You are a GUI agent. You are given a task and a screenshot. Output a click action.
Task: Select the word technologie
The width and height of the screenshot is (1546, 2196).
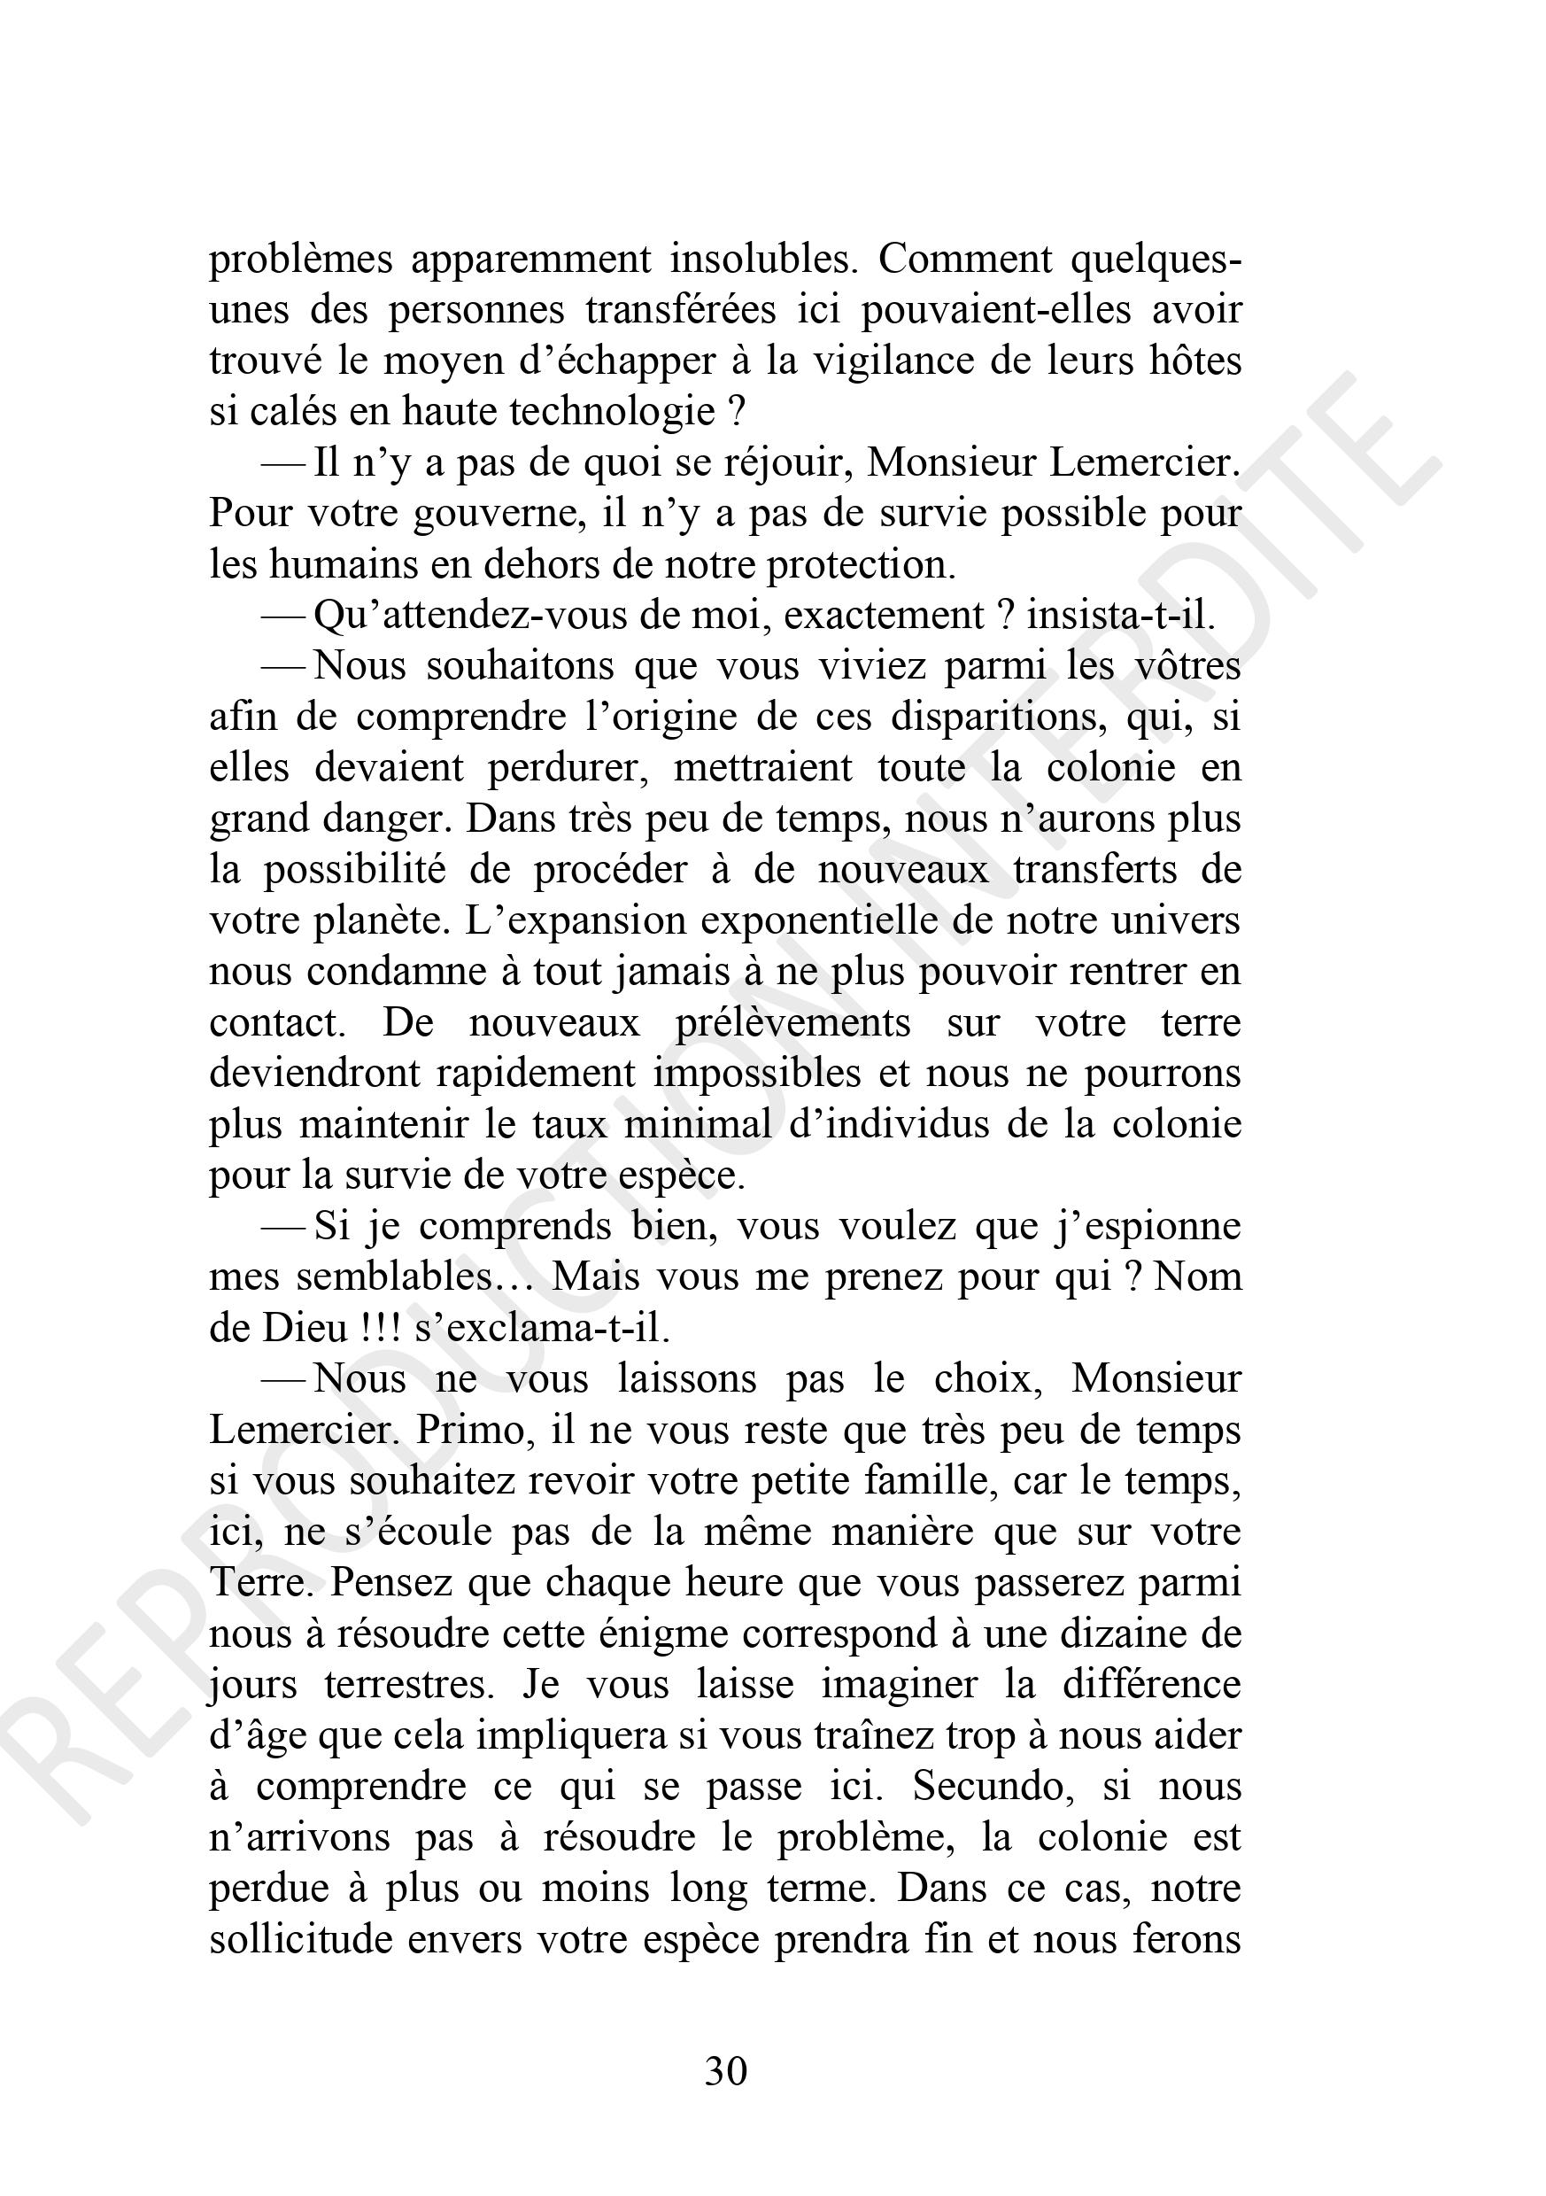[612, 411]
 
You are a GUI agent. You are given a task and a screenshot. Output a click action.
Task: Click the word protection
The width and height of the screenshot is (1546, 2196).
[861, 564]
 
